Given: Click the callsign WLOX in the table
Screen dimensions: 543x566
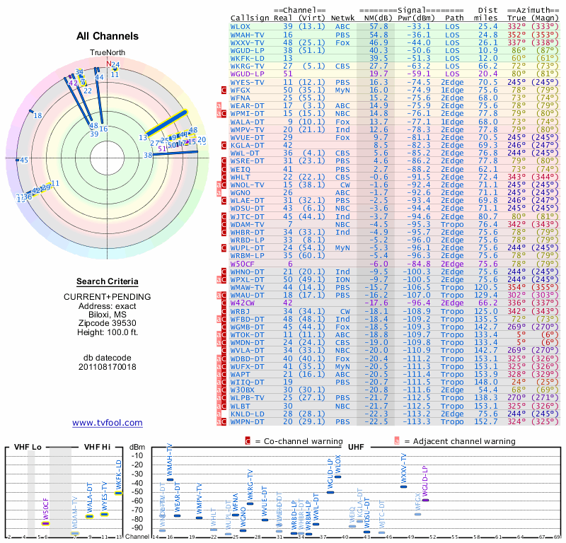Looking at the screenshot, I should point(241,26).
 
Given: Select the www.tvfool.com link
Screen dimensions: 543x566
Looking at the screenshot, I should point(108,423).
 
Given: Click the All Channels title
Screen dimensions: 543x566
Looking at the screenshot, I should point(108,36).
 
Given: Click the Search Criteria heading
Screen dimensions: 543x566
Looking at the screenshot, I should point(108,281).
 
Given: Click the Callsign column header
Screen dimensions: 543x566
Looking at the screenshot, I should point(250,18).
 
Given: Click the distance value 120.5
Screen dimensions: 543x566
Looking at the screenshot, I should point(487,287).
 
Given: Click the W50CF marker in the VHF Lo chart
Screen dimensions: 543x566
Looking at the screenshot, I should point(45,524).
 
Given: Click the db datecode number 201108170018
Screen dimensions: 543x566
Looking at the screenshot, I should point(108,367).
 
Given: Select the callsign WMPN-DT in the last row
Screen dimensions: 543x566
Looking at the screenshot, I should point(248,422).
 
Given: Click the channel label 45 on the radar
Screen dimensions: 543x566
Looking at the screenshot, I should point(24,160).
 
